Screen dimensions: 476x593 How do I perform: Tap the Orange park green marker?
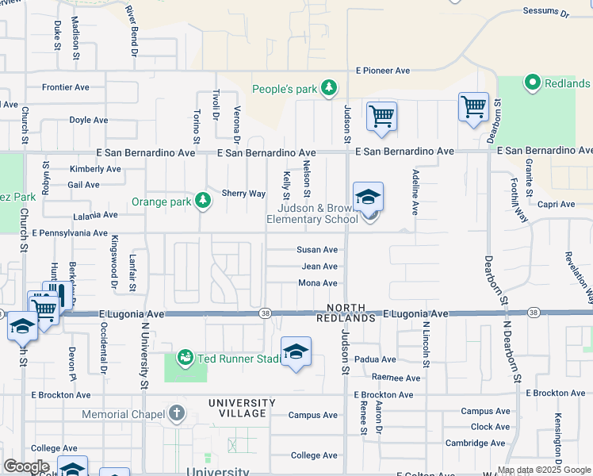(x=204, y=201)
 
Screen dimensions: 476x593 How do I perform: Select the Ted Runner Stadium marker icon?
(x=186, y=359)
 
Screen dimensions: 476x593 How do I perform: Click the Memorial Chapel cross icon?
(x=176, y=413)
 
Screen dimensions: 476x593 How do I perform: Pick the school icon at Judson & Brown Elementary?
(x=368, y=198)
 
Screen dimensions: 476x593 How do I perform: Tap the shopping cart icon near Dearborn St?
(x=473, y=107)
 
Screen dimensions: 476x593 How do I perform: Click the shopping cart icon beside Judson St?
(x=381, y=116)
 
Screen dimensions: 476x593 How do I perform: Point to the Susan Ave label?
(x=317, y=249)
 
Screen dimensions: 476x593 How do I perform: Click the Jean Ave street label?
(x=319, y=267)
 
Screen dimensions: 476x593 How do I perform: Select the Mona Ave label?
(x=318, y=283)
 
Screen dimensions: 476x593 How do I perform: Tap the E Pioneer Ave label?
(x=383, y=71)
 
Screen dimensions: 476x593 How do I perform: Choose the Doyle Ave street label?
(x=89, y=121)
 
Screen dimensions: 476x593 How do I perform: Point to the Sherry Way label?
(x=243, y=194)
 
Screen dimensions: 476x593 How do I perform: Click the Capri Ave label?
(x=556, y=204)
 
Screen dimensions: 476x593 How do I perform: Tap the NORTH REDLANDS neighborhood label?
(x=347, y=313)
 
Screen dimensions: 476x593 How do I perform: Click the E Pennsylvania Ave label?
(x=70, y=233)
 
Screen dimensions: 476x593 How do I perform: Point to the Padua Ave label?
(x=374, y=359)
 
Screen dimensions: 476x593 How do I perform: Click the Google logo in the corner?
(x=27, y=466)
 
